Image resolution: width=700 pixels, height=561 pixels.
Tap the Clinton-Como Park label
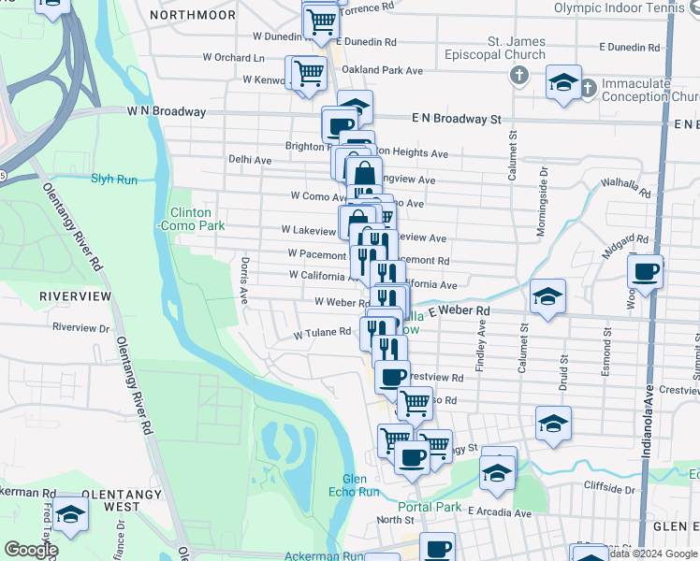[x=190, y=220]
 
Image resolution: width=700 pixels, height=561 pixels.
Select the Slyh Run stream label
[x=114, y=179]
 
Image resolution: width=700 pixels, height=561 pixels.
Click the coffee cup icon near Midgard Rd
[x=646, y=273]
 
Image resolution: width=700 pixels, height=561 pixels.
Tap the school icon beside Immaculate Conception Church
[x=563, y=83]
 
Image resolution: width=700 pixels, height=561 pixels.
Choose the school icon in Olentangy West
[x=69, y=514]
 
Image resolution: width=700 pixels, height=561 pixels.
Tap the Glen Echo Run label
[x=355, y=485]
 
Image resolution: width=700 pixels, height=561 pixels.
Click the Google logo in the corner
[x=31, y=550]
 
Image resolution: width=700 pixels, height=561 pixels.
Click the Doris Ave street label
[x=244, y=280]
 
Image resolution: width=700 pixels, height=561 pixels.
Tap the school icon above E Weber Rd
[x=547, y=297]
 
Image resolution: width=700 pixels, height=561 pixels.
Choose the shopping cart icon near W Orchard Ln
[x=308, y=72]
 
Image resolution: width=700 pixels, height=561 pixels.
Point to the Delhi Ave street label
[x=250, y=160]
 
